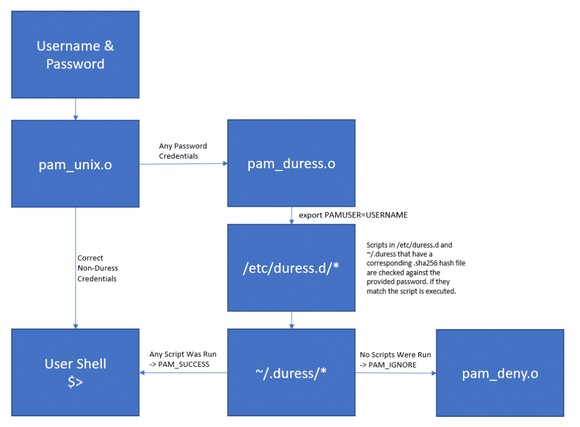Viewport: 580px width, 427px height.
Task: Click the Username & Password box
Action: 75,55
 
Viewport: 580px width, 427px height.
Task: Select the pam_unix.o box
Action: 75,164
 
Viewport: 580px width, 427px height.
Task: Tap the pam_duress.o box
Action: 291,164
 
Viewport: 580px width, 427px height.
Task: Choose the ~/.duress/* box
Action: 291,373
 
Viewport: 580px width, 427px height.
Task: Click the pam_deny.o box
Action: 500,373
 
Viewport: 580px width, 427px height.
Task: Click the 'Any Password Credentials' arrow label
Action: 183,151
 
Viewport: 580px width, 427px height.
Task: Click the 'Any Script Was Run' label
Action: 182,360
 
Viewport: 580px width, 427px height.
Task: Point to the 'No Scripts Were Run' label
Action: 395,360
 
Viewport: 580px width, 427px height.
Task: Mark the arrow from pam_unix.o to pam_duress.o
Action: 183,164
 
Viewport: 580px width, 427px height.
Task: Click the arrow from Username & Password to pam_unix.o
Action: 75,109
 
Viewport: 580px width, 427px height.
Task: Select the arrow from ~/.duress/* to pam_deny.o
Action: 395,373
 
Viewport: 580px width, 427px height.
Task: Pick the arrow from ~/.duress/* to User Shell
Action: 183,373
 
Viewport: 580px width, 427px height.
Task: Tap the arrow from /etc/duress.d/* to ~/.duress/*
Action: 291,319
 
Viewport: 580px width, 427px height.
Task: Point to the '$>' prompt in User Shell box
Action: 75,382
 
